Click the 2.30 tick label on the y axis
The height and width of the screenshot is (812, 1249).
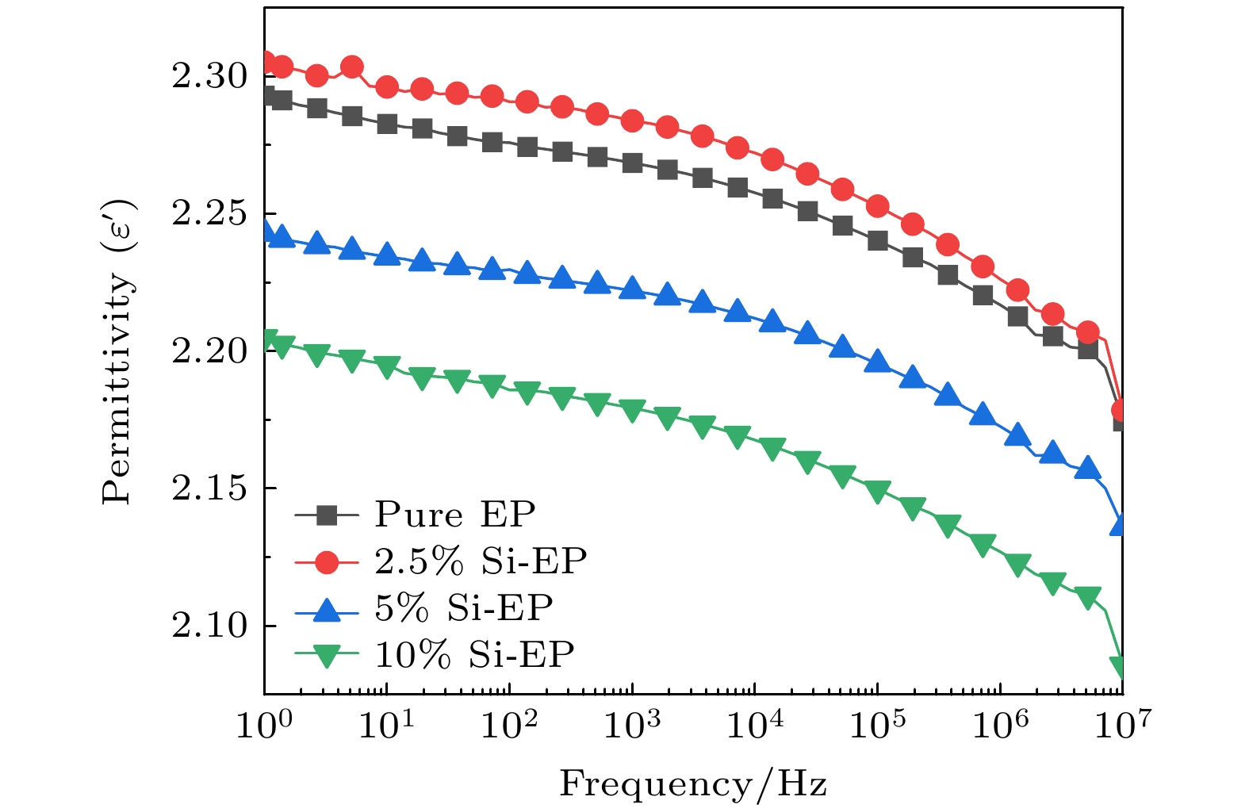(209, 77)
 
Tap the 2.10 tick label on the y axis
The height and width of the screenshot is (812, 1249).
(209, 626)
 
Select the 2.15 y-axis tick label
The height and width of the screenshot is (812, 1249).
(209, 488)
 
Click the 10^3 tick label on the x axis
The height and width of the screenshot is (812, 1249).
(631, 723)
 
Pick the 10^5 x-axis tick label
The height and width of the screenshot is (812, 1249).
(876, 723)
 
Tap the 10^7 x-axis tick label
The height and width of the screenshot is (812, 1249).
(1121, 723)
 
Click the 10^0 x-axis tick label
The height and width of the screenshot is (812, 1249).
(263, 723)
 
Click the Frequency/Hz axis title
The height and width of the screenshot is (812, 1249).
(693, 784)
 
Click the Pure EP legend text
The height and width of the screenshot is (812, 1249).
(454, 515)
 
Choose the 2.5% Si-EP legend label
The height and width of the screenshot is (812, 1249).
(481, 561)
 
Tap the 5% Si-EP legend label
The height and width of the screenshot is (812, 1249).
(463, 608)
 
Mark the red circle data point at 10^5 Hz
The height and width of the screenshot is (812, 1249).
(877, 206)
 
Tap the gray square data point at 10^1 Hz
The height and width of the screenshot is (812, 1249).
(387, 124)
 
